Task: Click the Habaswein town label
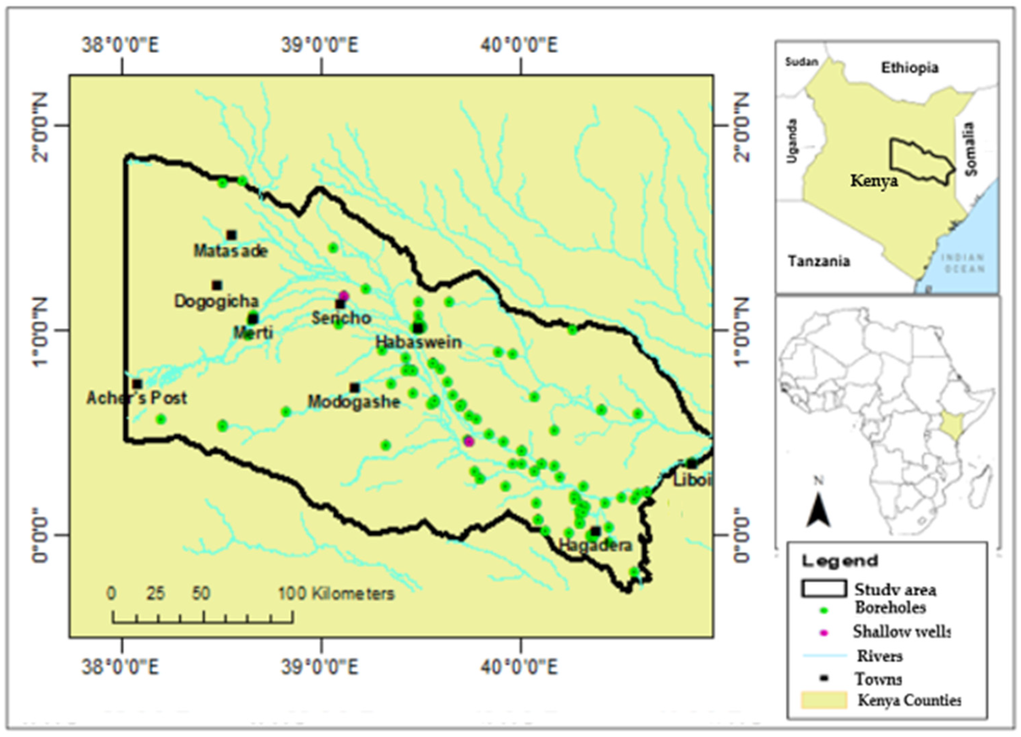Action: tap(419, 343)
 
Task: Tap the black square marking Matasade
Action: tap(231, 235)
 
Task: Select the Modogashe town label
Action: tap(354, 402)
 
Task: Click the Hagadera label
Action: tap(595, 546)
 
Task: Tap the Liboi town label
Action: tap(692, 480)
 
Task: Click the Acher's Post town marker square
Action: tap(137, 384)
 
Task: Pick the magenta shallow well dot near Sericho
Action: tap(345, 296)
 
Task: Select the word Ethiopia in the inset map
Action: tap(909, 68)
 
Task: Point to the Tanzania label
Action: tap(819, 261)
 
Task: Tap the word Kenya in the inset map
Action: tap(874, 181)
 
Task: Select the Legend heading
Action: tap(840, 561)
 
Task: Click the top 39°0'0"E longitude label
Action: tap(320, 45)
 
